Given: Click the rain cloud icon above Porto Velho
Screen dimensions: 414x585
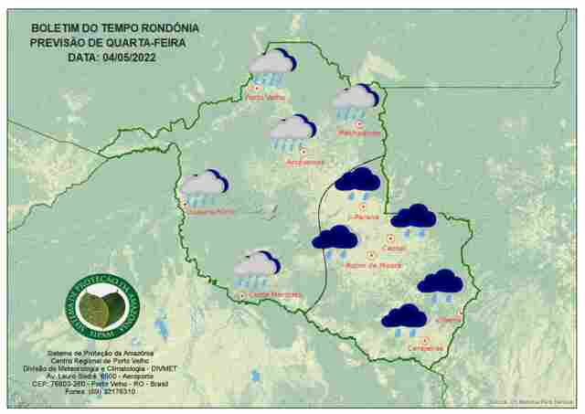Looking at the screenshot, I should click(271, 67).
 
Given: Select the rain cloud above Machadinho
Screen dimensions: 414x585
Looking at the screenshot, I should click(354, 101).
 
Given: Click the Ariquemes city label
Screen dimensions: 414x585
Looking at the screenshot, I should click(305, 162).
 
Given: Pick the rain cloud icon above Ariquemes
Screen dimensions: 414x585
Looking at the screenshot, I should click(292, 132).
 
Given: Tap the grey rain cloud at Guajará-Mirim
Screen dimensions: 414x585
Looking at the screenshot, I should click(204, 187).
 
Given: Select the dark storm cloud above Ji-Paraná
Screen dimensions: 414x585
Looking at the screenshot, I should click(357, 182).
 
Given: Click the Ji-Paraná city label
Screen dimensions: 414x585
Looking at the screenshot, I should click(364, 217).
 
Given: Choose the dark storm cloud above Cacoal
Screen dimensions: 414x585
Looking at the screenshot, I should click(413, 218).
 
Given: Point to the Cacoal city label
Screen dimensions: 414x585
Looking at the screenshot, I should click(395, 248).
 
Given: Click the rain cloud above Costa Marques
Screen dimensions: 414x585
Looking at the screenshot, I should click(256, 268).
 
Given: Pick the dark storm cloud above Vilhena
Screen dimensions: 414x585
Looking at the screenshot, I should click(440, 284).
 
